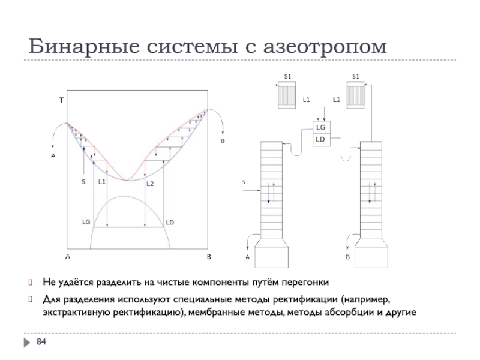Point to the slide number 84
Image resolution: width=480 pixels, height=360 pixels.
[41, 342]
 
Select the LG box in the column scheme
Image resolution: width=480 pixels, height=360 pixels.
[320, 128]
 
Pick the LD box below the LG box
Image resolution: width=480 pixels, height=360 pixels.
[320, 139]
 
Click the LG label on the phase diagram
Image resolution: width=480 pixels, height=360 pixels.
[86, 221]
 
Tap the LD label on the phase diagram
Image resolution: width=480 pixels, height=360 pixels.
[170, 222]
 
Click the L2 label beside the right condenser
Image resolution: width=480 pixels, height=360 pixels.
[336, 99]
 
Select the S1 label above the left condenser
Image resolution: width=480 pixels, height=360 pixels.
[287, 77]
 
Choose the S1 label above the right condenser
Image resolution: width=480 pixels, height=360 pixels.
[355, 77]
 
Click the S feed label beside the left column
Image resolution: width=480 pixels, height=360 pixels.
[243, 181]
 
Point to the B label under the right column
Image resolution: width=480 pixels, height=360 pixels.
[347, 257]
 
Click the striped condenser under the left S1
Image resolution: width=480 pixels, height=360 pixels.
[287, 95]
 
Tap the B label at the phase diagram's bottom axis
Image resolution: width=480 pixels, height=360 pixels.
[209, 257]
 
